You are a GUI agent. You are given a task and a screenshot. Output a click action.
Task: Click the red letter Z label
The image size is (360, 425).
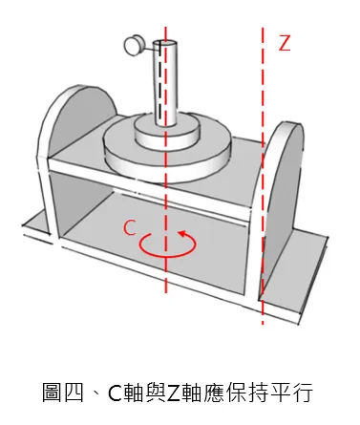[x=283, y=43]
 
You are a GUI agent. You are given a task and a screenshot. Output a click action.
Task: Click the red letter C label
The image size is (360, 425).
[x=131, y=226]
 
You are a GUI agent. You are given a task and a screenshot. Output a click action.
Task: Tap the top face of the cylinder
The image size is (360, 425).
[x=163, y=44]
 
